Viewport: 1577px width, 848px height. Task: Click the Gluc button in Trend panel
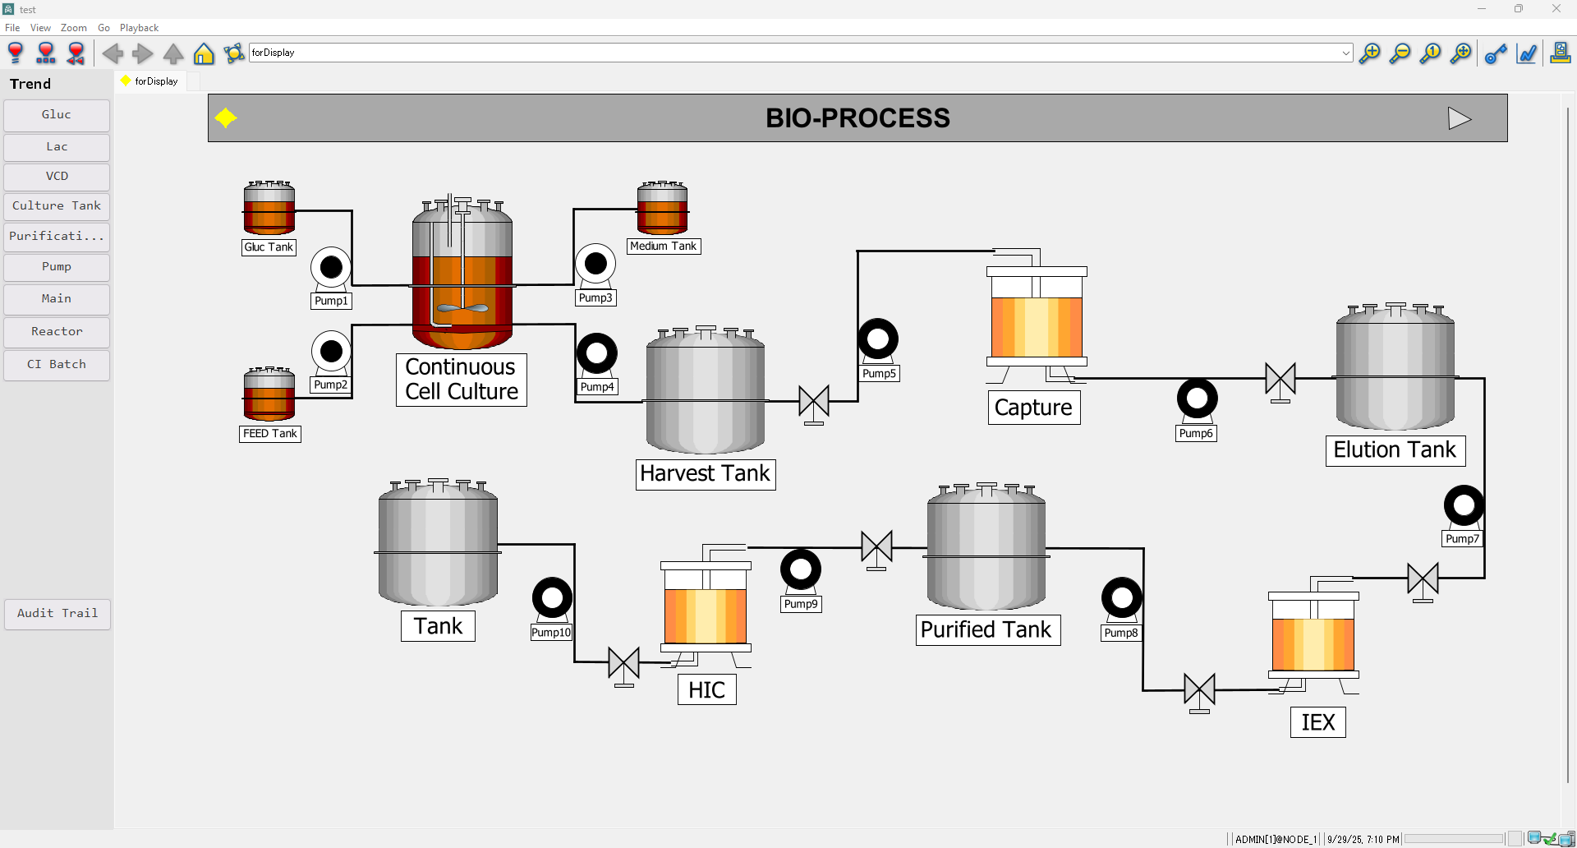pos(57,115)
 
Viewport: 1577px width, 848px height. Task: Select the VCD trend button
pos(57,177)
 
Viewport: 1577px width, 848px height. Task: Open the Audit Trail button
pos(57,614)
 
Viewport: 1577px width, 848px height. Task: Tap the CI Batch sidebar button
pos(57,365)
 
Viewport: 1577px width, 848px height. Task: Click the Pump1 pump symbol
pos(331,268)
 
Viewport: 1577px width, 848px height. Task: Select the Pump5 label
pos(879,374)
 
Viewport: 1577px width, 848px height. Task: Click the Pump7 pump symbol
pos(1464,505)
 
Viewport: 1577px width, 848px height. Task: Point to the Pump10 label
pos(551,633)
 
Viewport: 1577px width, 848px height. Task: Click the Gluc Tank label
pos(269,247)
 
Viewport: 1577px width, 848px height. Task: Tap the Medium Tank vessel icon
pos(663,209)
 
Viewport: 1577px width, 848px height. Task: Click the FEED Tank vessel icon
pos(269,394)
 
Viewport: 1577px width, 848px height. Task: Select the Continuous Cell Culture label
pos(462,380)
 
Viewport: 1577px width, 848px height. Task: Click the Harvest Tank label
pos(706,474)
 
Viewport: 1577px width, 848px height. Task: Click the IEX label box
pos(1318,722)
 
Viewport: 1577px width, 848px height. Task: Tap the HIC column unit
pos(706,608)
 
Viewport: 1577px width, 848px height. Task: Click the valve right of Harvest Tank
pos(814,402)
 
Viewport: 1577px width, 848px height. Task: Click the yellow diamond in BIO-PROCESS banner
pos(226,118)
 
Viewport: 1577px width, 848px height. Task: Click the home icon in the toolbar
pos(204,54)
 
